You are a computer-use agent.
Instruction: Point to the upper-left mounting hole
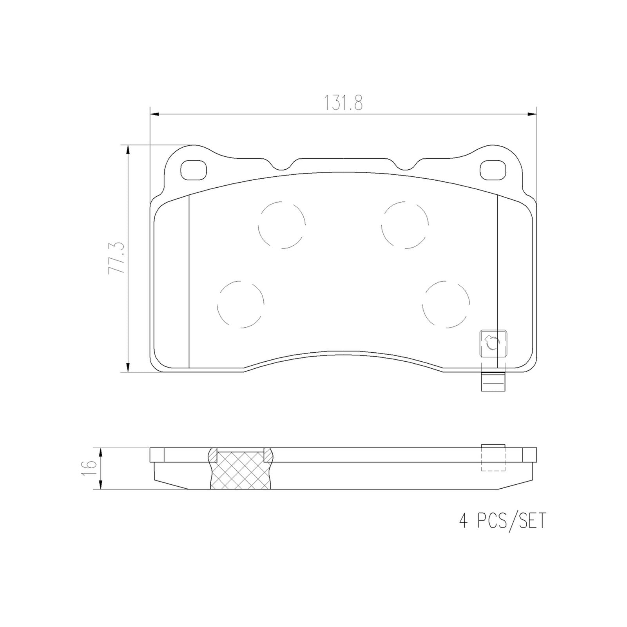[x=194, y=170]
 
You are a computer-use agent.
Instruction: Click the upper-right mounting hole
[x=493, y=170]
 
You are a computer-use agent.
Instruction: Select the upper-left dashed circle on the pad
[x=282, y=225]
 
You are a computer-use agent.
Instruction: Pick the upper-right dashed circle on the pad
[x=405, y=225]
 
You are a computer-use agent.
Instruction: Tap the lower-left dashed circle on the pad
[x=240, y=304]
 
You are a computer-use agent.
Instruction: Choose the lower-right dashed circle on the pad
[x=446, y=304]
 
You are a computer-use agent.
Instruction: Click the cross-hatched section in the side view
[x=241, y=470]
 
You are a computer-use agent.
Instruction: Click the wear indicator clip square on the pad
[x=493, y=344]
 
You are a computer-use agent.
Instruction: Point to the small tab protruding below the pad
[x=493, y=381]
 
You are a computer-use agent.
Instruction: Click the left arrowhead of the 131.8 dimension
[x=154, y=114]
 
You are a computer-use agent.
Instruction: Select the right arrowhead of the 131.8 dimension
[x=533, y=114]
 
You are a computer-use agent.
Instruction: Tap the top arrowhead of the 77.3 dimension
[x=128, y=149]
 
